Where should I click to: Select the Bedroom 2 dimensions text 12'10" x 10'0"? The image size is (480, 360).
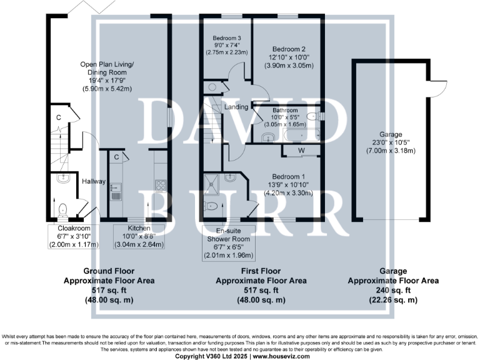[x=289, y=57]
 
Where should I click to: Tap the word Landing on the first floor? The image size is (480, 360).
[x=237, y=107]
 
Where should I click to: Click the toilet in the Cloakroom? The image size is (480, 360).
[x=62, y=208]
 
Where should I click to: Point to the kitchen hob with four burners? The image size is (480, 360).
[x=159, y=185]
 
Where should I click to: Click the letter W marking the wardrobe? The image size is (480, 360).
[x=301, y=150]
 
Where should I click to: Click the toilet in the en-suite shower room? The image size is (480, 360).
[x=212, y=206]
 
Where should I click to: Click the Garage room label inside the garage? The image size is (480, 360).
[x=391, y=134]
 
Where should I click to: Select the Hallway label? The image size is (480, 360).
[x=93, y=182]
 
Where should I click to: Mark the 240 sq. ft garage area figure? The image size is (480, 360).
[x=393, y=291]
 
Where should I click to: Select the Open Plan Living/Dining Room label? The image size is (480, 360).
[x=106, y=68]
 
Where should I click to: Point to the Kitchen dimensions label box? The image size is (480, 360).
[x=138, y=236]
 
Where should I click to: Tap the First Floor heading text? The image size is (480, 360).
[x=261, y=272]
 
